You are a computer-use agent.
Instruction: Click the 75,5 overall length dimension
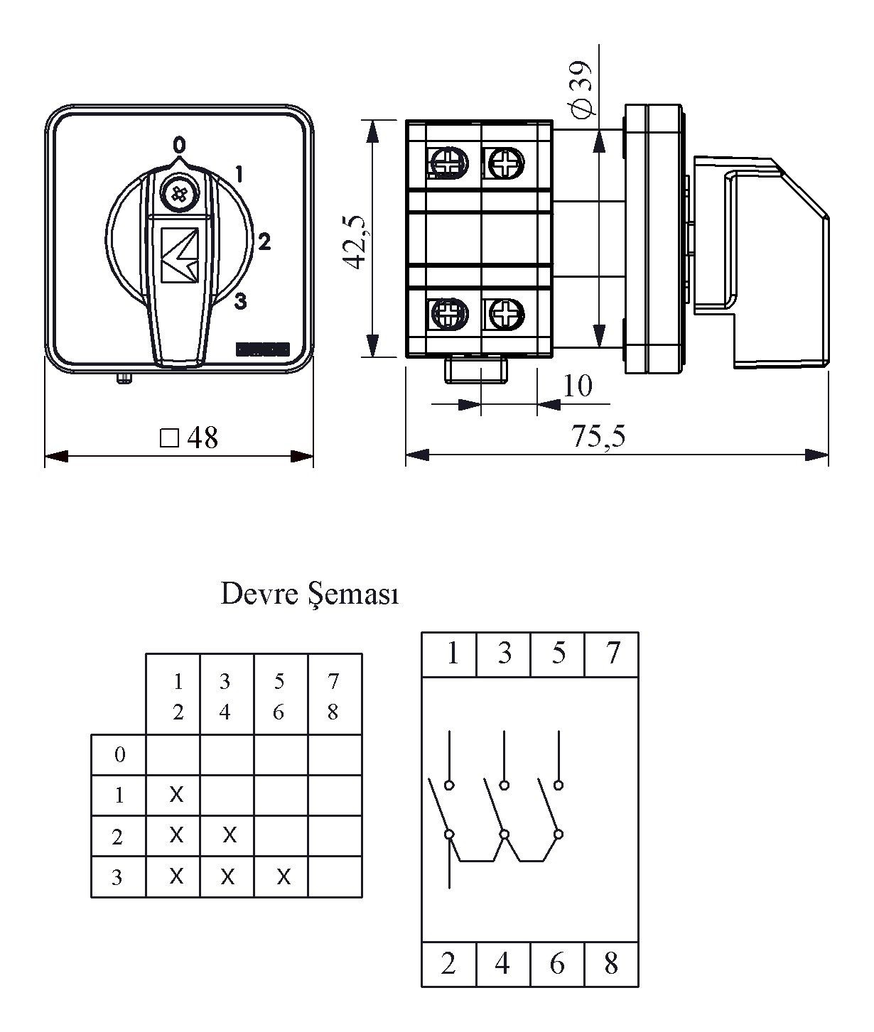[x=599, y=437]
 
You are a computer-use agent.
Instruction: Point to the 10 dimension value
[x=577, y=386]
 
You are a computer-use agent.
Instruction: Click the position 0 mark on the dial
[x=179, y=145]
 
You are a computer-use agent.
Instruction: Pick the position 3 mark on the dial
[x=241, y=302]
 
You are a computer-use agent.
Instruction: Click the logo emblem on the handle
[x=178, y=256]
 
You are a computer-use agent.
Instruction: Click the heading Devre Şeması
[x=310, y=594]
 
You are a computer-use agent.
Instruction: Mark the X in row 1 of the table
[x=176, y=795]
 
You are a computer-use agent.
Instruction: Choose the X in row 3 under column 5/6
[x=283, y=877]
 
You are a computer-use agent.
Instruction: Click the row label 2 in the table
[x=118, y=837]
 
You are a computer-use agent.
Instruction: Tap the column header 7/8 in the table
[x=333, y=696]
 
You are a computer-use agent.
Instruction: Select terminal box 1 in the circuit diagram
[x=450, y=653]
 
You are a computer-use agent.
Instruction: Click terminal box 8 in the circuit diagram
[x=611, y=964]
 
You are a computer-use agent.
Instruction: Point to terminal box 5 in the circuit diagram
[x=558, y=653]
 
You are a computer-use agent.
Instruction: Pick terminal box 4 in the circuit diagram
[x=502, y=964]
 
